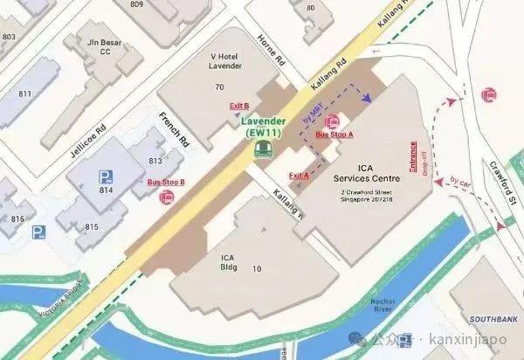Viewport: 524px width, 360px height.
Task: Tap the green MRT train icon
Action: [x=260, y=149]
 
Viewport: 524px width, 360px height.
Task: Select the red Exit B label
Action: [x=239, y=106]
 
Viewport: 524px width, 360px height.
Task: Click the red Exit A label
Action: [x=298, y=176]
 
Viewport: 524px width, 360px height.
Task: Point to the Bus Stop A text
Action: [x=334, y=135]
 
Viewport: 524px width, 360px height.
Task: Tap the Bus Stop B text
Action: [x=166, y=182]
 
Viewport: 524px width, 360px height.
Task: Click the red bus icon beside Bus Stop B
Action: [x=166, y=197]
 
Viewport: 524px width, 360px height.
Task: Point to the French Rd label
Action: [x=175, y=128]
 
